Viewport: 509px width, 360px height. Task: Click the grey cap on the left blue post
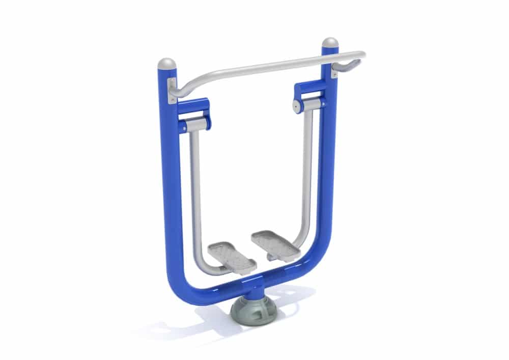pos(166,64)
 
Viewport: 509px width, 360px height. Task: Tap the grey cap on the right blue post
pos(330,43)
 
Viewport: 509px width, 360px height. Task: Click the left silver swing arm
pos(195,193)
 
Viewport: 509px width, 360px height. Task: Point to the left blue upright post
pos(170,178)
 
